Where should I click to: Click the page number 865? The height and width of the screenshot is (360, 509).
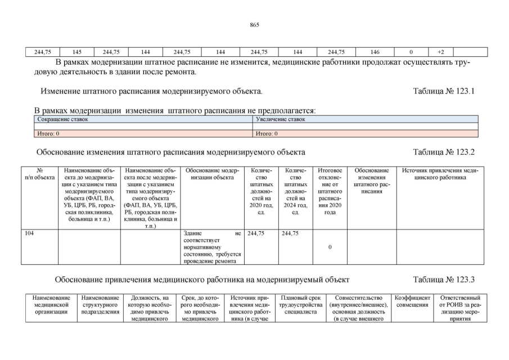254,25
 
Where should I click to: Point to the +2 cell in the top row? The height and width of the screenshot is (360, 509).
441,52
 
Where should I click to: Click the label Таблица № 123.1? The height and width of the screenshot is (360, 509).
444,91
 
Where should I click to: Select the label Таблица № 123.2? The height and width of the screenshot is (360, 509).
444,152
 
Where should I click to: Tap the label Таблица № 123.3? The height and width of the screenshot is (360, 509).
444,279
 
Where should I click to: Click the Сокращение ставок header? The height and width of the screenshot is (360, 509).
62,119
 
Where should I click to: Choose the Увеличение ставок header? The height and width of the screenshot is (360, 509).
280,119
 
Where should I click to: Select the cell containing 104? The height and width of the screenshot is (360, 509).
30,233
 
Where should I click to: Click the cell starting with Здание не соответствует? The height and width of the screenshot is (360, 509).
211,246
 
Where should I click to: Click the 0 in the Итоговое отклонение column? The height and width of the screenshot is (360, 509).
330,246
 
